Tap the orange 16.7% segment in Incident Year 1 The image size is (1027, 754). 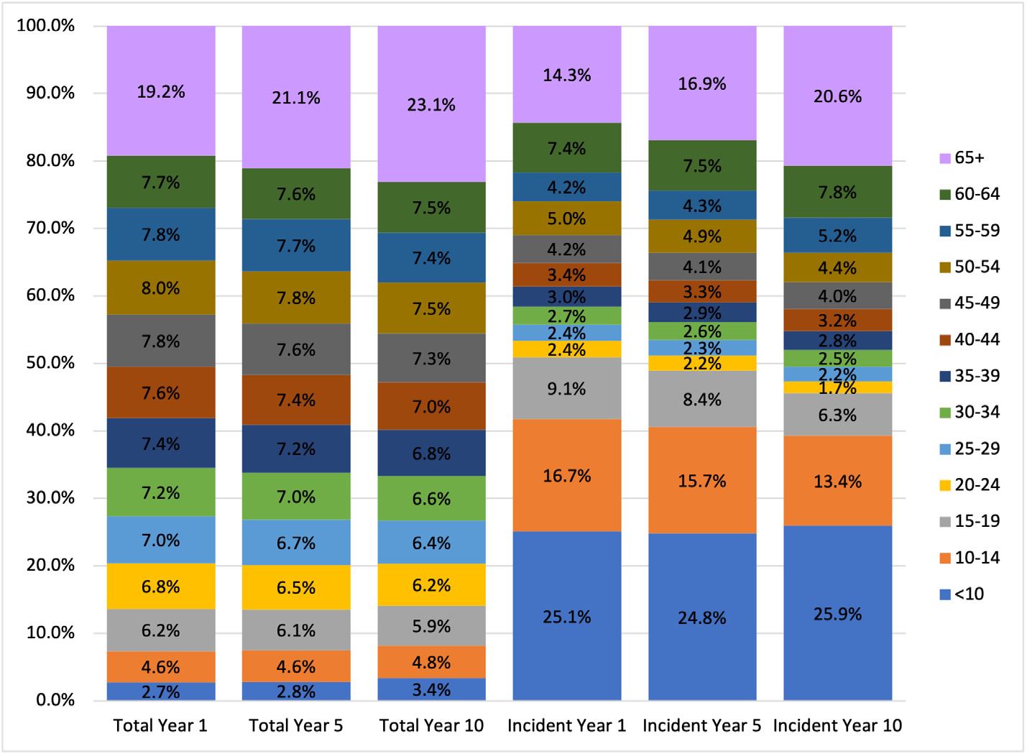(x=566, y=475)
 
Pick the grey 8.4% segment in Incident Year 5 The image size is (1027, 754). (x=702, y=399)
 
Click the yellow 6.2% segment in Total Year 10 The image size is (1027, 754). (x=431, y=585)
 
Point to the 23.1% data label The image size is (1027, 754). (x=431, y=105)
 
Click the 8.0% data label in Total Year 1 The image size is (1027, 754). (x=161, y=288)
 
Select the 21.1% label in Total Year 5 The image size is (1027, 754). (x=296, y=98)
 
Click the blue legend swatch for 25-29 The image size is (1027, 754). (x=945, y=449)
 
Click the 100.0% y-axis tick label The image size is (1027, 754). (x=46, y=26)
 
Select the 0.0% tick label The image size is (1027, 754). (x=55, y=700)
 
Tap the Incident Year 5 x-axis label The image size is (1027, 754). (x=701, y=726)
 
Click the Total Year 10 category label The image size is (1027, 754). (x=431, y=726)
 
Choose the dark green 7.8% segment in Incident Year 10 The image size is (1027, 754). (x=837, y=192)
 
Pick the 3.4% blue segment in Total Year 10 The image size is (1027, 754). (x=431, y=689)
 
